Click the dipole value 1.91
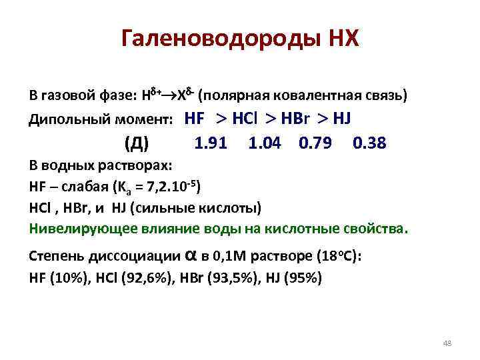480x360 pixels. click(x=210, y=143)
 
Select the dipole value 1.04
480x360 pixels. click(x=264, y=143)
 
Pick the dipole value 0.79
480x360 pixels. click(x=316, y=143)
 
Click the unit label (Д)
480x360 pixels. click(x=137, y=143)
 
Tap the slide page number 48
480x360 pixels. click(x=447, y=343)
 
